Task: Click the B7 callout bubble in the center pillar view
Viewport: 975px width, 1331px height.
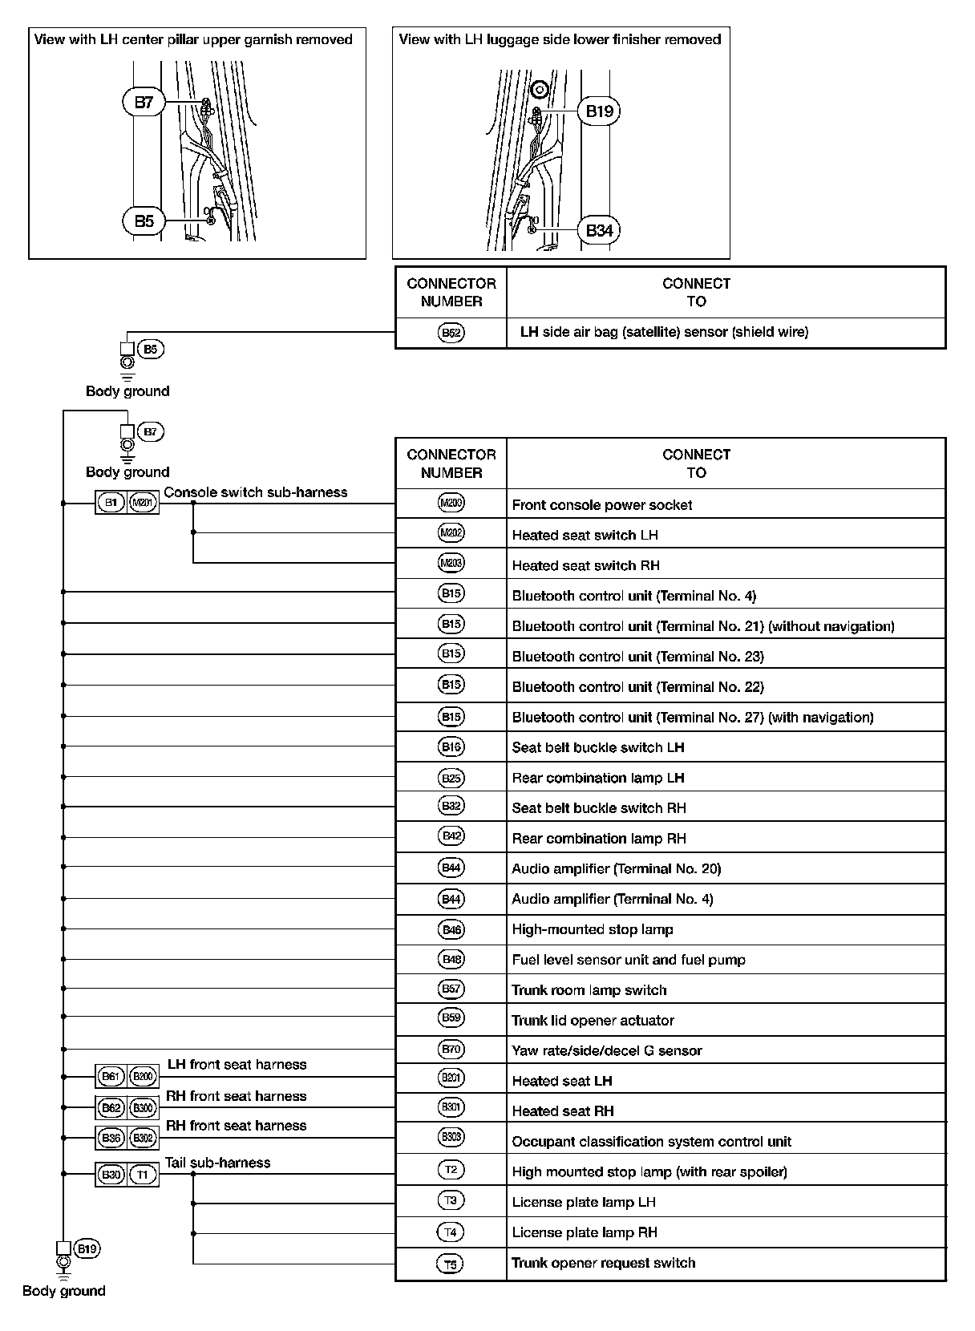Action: pyautogui.click(x=144, y=103)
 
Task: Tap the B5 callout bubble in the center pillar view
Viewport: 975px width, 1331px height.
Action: pyautogui.click(x=144, y=220)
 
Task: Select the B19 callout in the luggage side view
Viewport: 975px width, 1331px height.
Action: pyautogui.click(x=599, y=111)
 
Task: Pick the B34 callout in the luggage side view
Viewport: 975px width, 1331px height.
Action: pyautogui.click(x=599, y=231)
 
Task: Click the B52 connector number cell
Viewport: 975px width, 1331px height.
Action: pyautogui.click(x=451, y=333)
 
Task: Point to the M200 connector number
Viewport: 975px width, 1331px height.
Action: pyautogui.click(x=451, y=504)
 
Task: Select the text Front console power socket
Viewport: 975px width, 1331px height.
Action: pyautogui.click(x=601, y=505)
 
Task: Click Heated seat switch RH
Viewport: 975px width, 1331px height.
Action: pyautogui.click(x=585, y=566)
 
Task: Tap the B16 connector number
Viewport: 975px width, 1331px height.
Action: pyautogui.click(x=451, y=747)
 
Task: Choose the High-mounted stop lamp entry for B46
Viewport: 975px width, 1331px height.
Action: pyautogui.click(x=592, y=930)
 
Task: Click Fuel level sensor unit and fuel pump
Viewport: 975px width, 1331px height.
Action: pyautogui.click(x=629, y=961)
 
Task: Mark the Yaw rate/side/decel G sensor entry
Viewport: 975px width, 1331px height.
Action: pyautogui.click(x=606, y=1051)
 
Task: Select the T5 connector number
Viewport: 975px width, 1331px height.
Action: pyautogui.click(x=451, y=1264)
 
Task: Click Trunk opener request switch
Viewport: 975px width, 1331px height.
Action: pyautogui.click(x=603, y=1264)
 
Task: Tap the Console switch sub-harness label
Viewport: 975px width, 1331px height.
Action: pyautogui.click(x=256, y=492)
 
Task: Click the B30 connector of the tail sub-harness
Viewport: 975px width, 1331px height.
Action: pyautogui.click(x=111, y=1175)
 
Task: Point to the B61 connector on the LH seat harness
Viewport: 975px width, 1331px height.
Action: pyautogui.click(x=111, y=1077)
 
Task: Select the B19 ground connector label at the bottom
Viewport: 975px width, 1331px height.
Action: pyautogui.click(x=87, y=1249)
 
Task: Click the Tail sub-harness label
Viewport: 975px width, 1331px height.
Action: pyautogui.click(x=217, y=1163)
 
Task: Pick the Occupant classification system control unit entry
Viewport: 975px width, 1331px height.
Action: pyautogui.click(x=651, y=1142)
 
